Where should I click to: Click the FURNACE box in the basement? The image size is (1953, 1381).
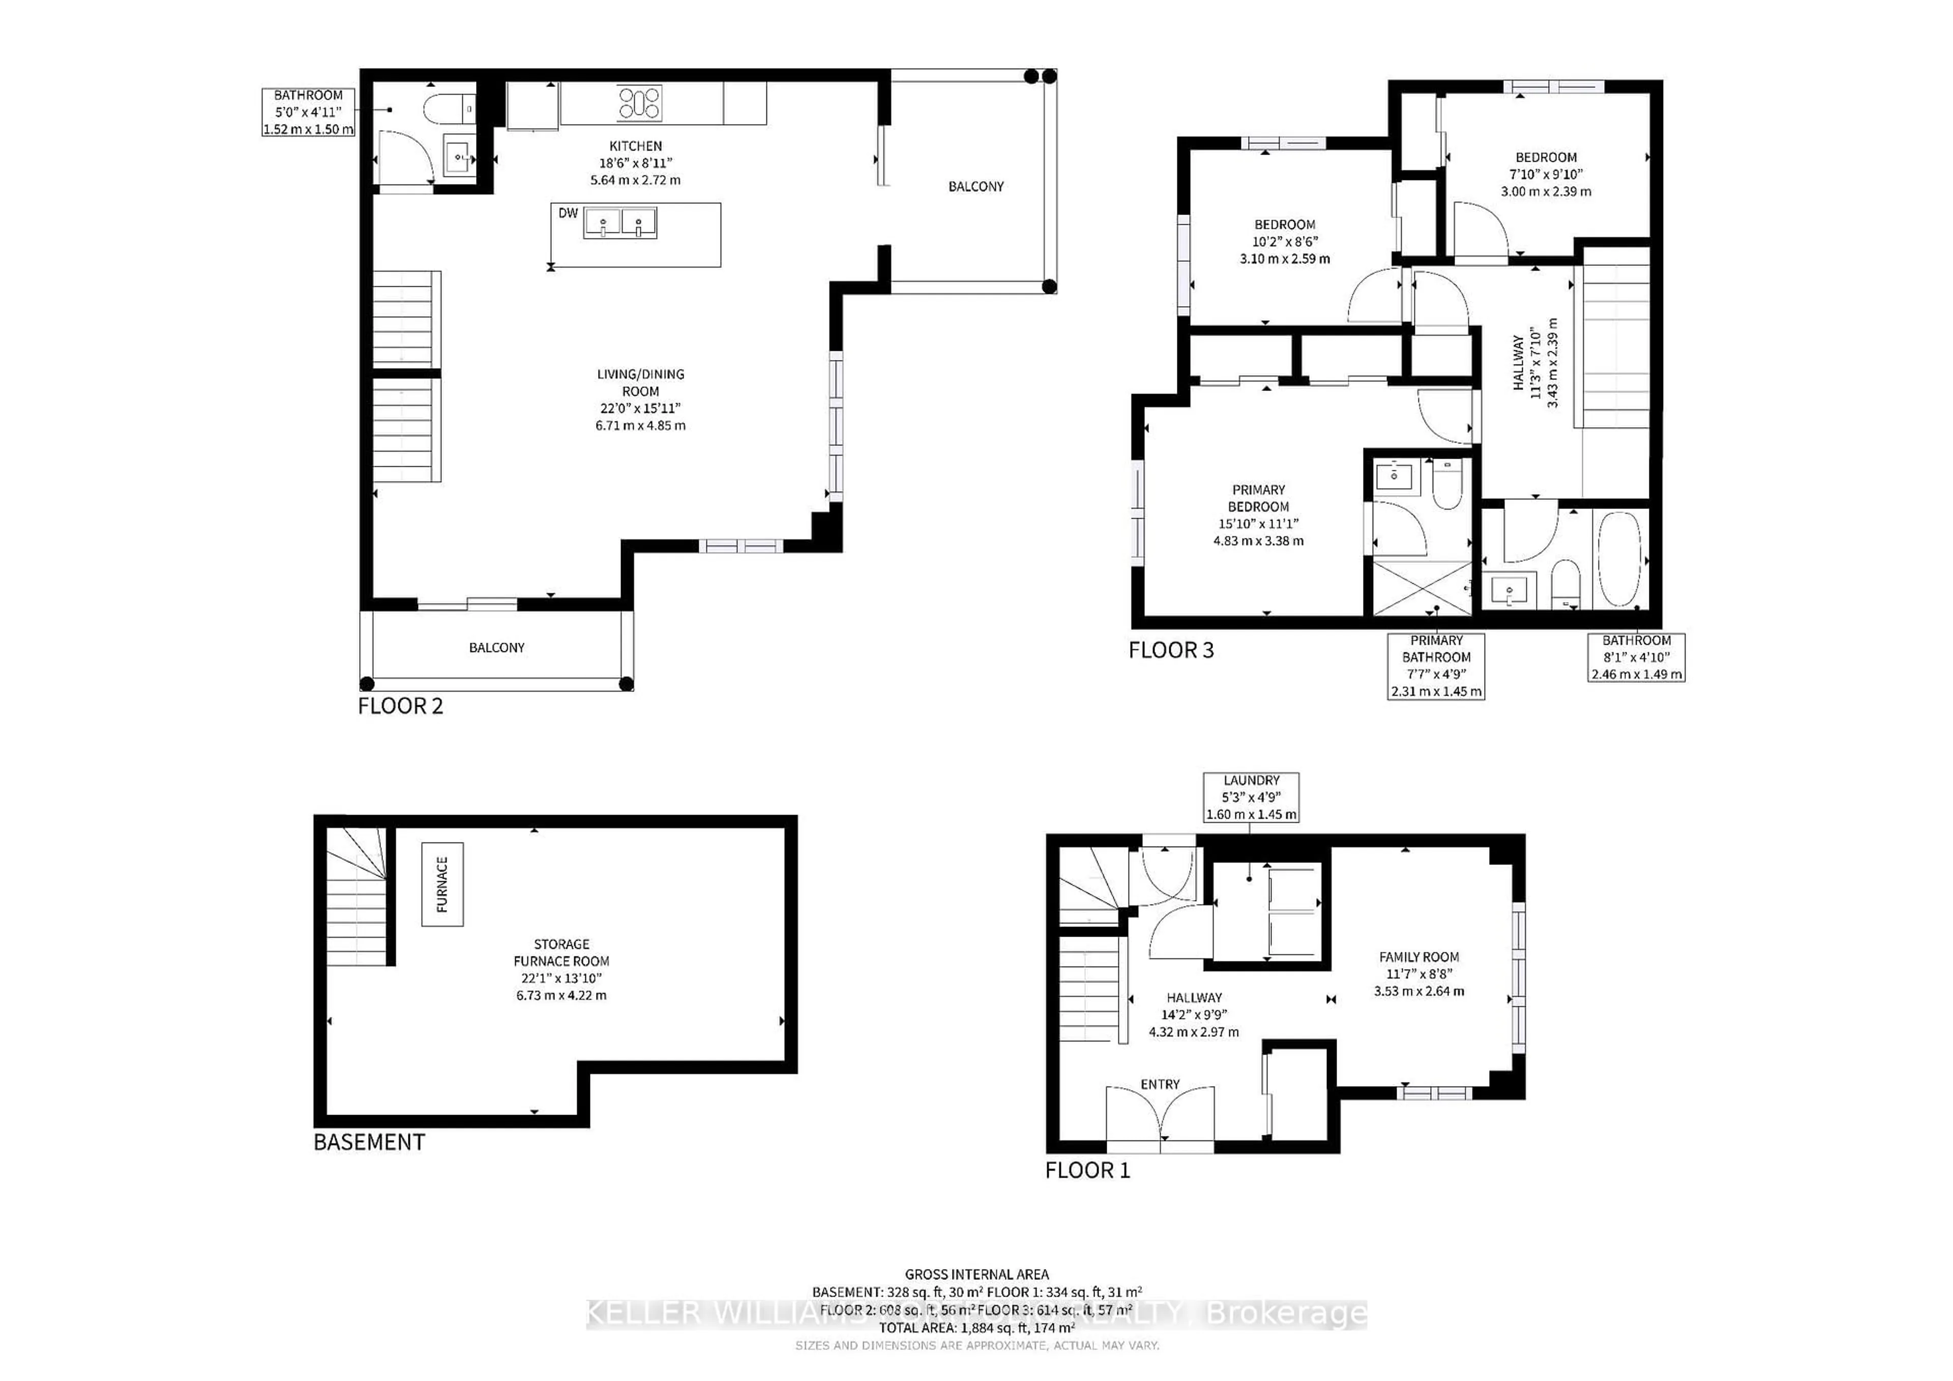442,884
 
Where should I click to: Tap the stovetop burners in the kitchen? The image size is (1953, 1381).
639,103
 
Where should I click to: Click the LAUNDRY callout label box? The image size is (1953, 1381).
1251,797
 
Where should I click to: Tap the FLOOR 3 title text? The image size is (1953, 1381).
1170,650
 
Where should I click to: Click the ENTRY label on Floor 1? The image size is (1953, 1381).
1160,1084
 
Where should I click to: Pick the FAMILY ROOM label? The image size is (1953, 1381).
1419,974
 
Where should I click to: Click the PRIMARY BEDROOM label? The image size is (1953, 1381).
1258,515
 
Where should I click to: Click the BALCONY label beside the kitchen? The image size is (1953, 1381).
975,186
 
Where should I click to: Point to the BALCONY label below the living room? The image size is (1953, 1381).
497,648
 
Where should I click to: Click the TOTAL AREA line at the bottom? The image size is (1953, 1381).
976,1328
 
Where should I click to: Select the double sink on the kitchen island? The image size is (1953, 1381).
620,224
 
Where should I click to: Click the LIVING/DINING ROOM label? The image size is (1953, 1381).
640,400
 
